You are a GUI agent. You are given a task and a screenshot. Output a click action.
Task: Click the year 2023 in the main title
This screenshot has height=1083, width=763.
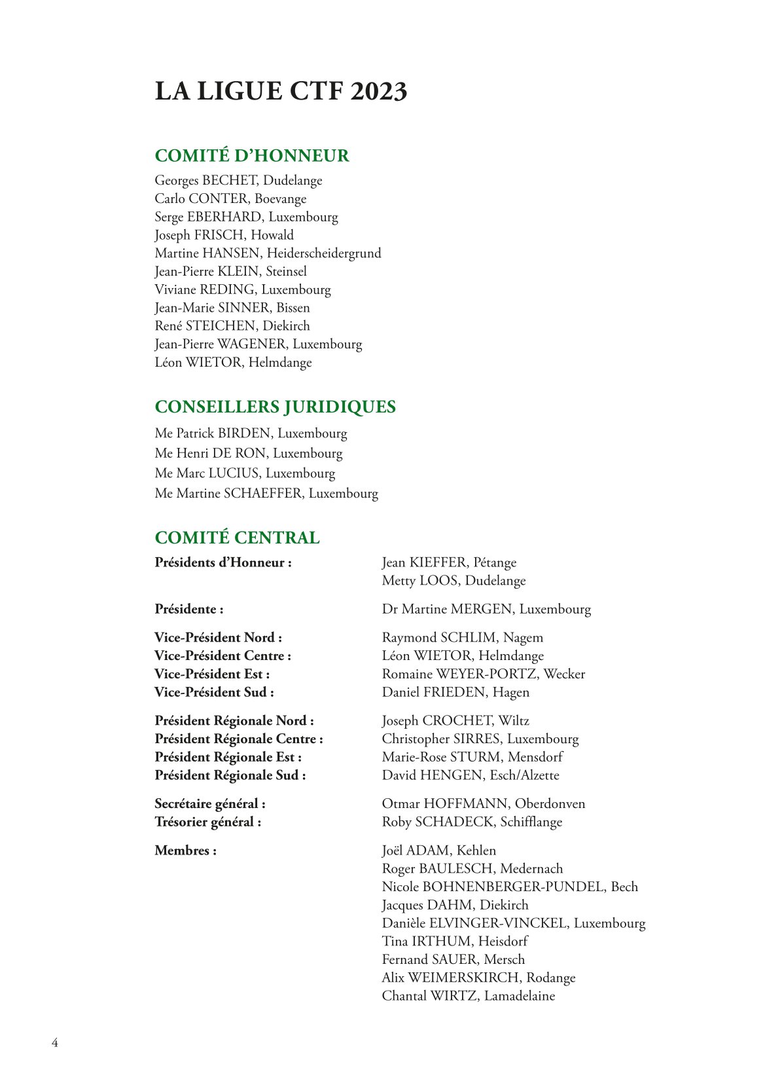(379, 92)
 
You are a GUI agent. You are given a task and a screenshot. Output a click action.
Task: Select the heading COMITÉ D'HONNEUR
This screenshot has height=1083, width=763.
(252, 156)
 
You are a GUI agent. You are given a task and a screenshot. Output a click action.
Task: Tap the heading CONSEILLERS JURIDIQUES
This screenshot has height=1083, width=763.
(275, 407)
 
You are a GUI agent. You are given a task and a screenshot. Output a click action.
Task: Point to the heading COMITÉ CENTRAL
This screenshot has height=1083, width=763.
(237, 538)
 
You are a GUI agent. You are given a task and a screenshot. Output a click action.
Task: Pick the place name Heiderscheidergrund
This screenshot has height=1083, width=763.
(324, 253)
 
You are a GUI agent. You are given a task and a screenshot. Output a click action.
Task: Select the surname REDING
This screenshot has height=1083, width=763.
(227, 290)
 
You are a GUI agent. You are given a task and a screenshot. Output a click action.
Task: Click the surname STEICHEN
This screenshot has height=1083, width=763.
(221, 326)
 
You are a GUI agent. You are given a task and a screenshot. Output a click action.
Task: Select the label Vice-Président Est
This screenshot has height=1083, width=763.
(212, 674)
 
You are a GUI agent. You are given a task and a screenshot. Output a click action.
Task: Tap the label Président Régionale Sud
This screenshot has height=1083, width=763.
(230, 776)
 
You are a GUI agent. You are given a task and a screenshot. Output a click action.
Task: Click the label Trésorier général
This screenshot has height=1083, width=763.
(208, 822)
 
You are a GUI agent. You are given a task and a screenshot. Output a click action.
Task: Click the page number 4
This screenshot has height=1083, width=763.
(55, 1043)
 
